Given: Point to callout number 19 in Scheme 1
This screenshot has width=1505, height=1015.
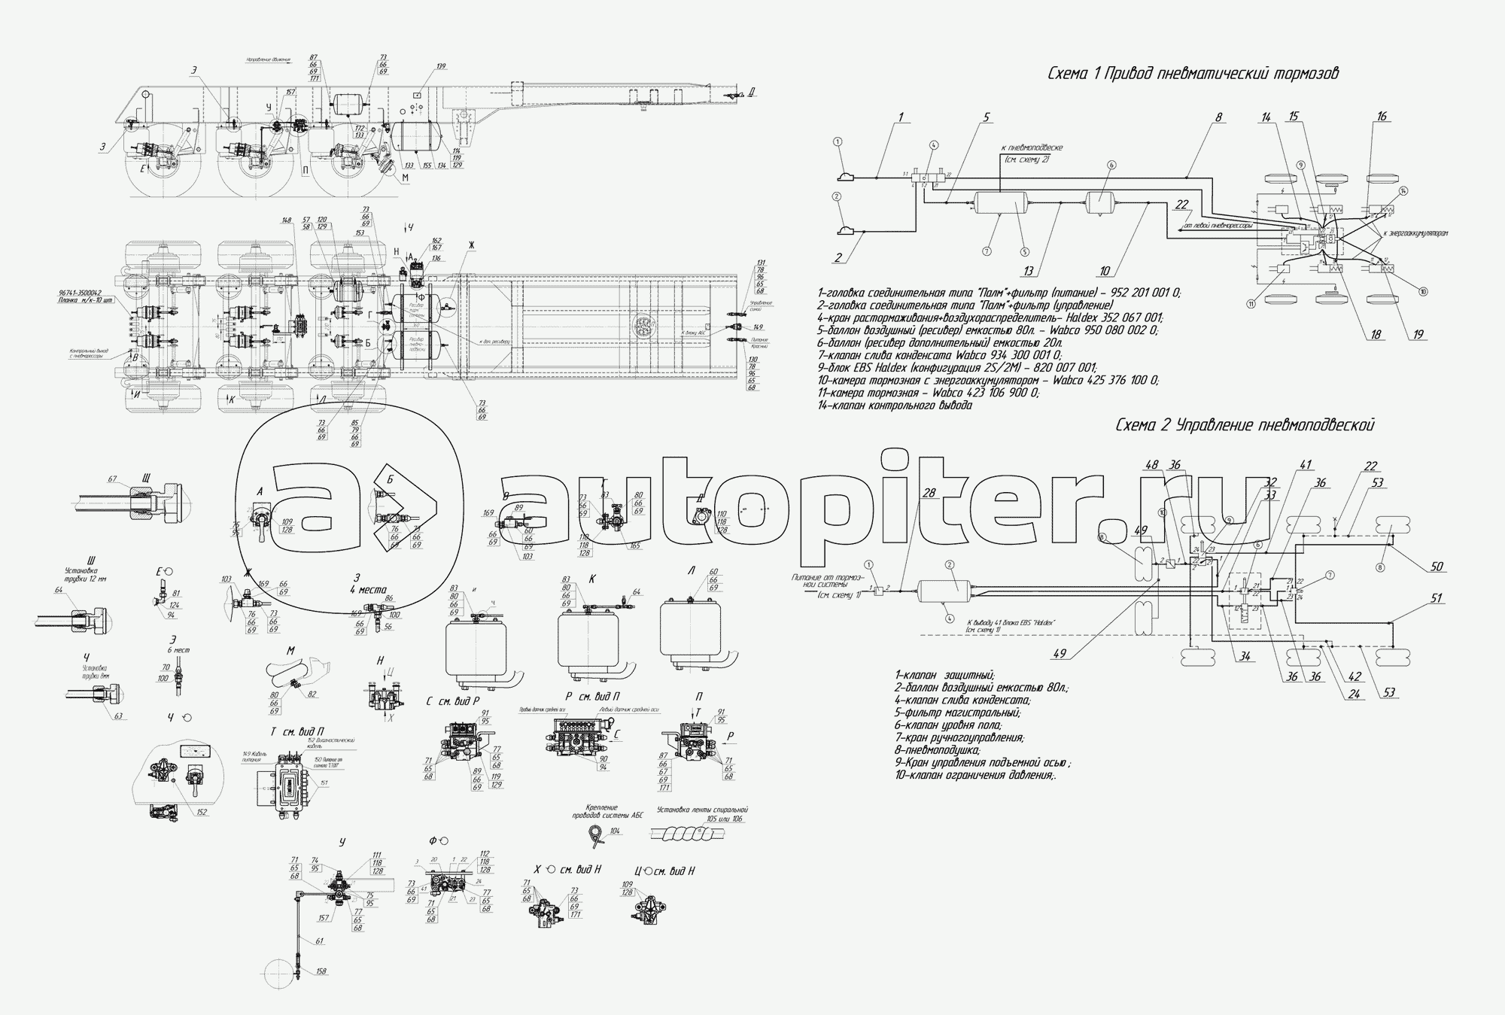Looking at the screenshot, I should pyautogui.click(x=1418, y=335).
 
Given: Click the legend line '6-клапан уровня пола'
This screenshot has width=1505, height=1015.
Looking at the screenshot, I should pyautogui.click(x=948, y=725).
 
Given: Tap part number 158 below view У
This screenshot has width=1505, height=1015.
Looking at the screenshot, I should pyautogui.click(x=321, y=972).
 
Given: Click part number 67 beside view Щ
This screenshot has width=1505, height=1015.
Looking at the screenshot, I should pyautogui.click(x=113, y=479).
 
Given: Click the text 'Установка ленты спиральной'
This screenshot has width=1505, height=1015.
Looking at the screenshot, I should pyautogui.click(x=701, y=810).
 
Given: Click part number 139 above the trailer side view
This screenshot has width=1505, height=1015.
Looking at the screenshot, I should pyautogui.click(x=441, y=67).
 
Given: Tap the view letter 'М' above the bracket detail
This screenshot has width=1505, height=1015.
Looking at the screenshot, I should pyautogui.click(x=290, y=649).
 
